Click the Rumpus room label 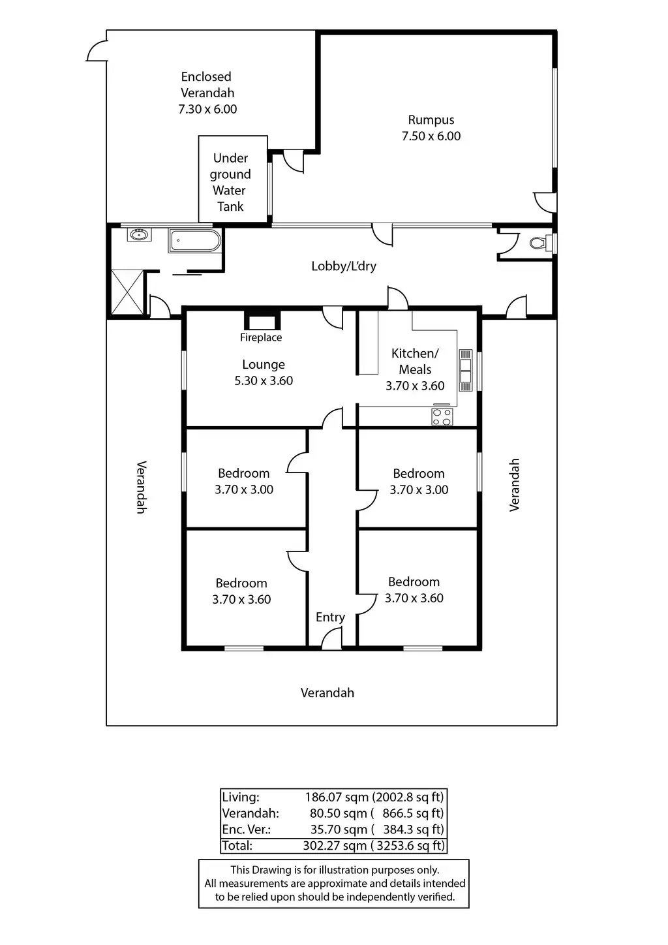coord(431,120)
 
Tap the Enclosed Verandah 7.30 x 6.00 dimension coord(207,110)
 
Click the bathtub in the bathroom coord(194,241)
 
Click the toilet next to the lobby coord(538,243)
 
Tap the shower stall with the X coord(127,293)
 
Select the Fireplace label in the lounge coord(261,337)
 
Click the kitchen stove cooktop coord(442,416)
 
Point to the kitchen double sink coord(466,370)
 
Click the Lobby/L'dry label coord(344,266)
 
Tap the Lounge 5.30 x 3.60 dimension coord(264,381)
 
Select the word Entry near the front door coord(330,617)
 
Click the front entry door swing coord(333,638)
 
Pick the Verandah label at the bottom coord(327,693)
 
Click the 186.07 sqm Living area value coord(335,797)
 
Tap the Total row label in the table coord(237,846)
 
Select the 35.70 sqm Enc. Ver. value coord(338,829)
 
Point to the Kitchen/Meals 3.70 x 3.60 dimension coord(415,386)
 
